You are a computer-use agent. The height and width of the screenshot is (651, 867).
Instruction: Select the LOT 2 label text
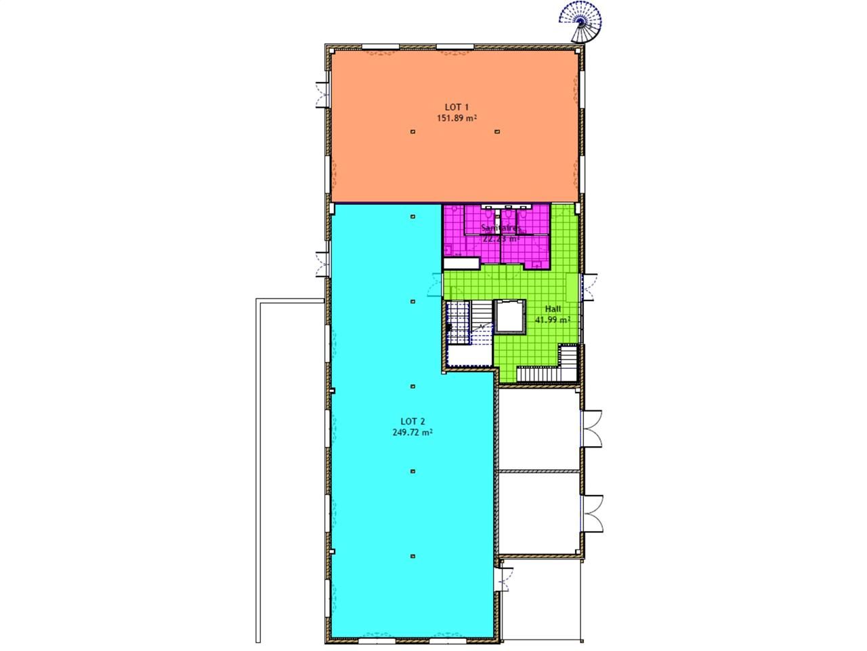point(413,421)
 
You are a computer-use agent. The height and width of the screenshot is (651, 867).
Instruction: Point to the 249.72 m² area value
point(413,432)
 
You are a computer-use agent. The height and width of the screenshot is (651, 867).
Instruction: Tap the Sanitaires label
point(500,228)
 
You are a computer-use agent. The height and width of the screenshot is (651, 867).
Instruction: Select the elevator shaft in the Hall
point(509,316)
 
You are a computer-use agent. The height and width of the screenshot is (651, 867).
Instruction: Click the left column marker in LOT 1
point(413,132)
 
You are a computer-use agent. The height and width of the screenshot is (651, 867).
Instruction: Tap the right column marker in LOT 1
point(497,132)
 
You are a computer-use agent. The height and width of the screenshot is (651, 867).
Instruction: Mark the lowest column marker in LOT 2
point(413,557)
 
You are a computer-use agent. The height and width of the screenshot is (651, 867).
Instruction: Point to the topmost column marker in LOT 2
point(413,216)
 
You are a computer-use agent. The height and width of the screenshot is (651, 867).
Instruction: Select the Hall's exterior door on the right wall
point(589,286)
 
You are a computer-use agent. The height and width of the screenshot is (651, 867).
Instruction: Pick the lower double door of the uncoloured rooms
point(593,513)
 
